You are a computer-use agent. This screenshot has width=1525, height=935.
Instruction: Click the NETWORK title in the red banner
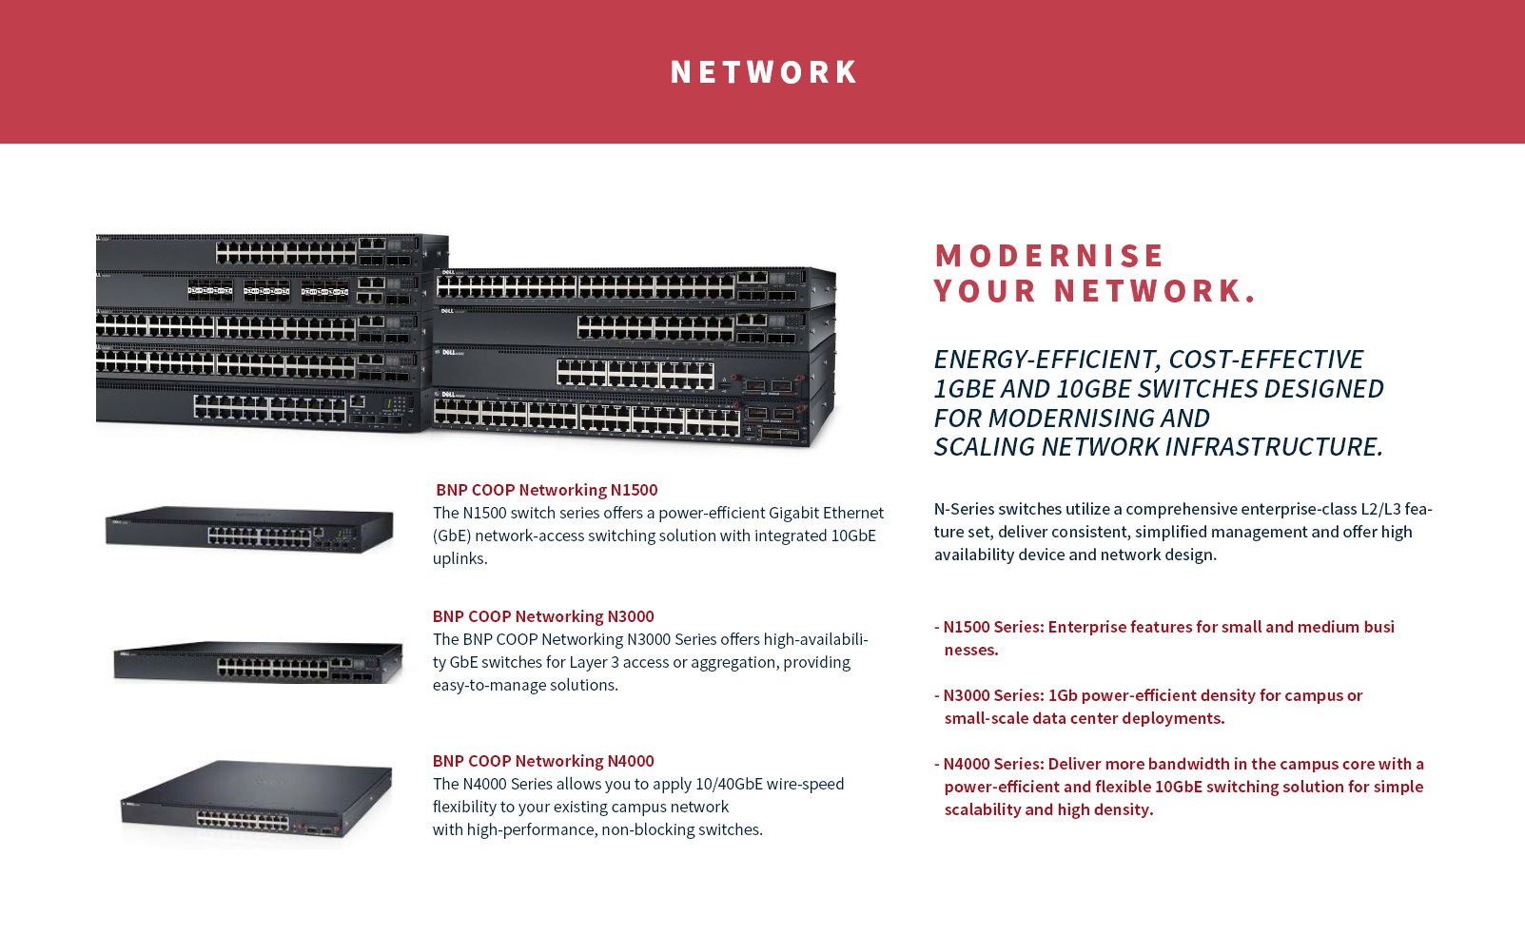(764, 72)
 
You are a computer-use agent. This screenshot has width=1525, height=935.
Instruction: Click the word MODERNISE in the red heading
(1049, 256)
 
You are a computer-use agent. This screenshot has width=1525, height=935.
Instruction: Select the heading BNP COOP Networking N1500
(546, 490)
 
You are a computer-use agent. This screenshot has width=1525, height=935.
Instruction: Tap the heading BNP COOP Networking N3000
(543, 616)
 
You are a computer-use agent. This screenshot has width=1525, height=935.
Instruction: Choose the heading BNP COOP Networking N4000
(543, 761)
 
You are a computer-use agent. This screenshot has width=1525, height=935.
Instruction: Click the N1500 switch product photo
(249, 529)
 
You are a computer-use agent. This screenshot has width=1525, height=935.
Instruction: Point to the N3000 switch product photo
(257, 661)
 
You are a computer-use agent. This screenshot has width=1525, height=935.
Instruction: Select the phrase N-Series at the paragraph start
(963, 509)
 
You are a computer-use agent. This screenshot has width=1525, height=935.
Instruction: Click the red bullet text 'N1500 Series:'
(993, 627)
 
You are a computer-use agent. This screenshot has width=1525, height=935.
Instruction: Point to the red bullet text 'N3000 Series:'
(993, 695)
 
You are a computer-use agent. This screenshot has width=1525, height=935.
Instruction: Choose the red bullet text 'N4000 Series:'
(993, 764)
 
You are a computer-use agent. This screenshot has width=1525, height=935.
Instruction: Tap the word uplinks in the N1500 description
(459, 558)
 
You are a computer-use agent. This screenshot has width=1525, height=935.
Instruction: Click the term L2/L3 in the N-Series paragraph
(1380, 509)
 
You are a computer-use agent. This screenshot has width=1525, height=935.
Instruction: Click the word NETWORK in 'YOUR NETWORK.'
(1154, 291)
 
